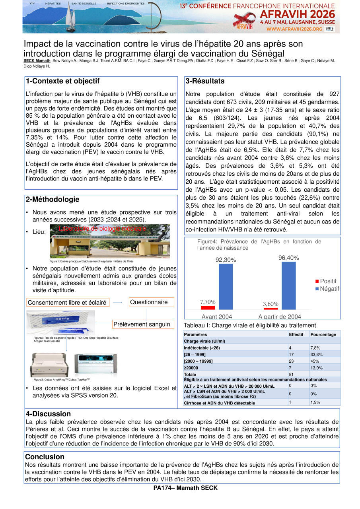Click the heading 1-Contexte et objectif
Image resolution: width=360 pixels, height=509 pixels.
point(62,82)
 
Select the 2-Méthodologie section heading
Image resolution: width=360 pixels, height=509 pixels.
point(53,200)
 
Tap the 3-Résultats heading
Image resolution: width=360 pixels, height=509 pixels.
point(205,81)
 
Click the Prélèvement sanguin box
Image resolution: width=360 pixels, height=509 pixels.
point(142,324)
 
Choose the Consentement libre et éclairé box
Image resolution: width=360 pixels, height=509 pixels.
point(68,303)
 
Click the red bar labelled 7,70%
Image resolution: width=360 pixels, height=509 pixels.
point(208,307)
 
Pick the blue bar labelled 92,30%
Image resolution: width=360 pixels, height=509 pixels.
point(226,287)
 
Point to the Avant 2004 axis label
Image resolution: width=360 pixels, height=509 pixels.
point(217,317)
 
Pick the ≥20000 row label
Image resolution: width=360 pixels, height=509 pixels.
point(191,367)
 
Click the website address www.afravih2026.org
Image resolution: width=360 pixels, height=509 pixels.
point(294,29)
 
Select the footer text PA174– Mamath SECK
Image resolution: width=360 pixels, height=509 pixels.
point(185,488)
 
